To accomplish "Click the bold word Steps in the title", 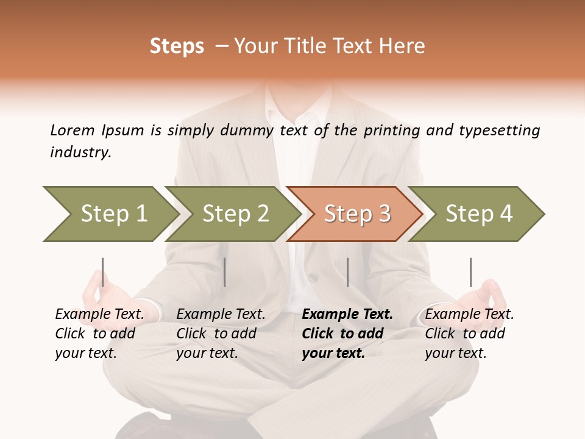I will (177, 46).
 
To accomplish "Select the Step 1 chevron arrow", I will (110, 214).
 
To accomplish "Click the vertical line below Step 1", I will (103, 272).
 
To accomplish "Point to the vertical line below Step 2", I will (225, 272).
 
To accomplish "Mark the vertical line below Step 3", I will (347, 272).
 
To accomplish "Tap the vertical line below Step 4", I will (470, 272).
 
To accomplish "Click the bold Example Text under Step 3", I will (347, 315).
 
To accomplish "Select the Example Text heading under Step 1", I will (99, 315).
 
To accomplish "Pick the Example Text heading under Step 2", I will (221, 315).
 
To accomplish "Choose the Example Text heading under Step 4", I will (469, 315).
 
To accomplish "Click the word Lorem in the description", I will (72, 130).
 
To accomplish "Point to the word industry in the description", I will (80, 152).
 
